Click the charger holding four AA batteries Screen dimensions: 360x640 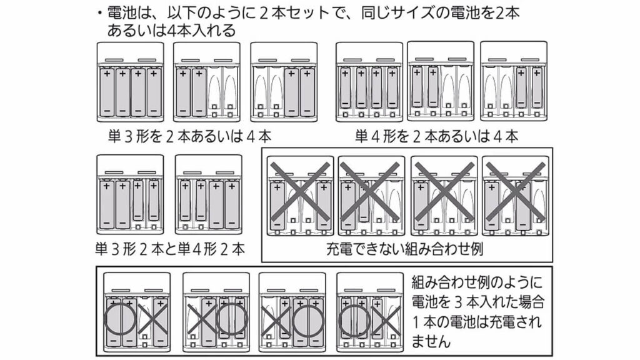click(x=130, y=84)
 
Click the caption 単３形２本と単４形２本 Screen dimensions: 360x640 click(x=170, y=249)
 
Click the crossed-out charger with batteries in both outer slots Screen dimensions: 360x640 click(x=299, y=196)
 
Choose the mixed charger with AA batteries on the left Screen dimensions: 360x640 click(x=130, y=194)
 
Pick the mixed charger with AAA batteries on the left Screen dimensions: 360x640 click(x=208, y=194)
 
